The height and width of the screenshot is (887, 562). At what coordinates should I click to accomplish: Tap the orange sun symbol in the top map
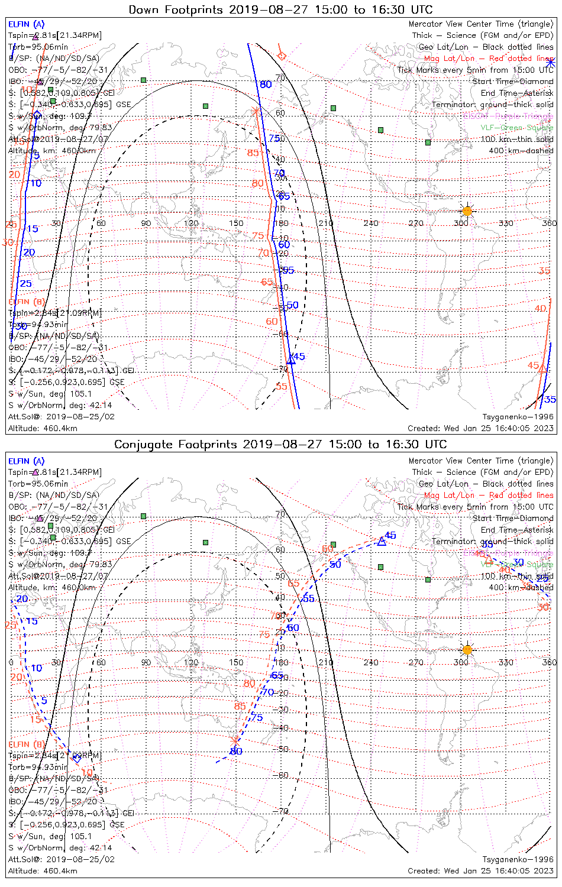click(467, 211)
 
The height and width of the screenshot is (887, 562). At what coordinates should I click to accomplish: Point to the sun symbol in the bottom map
click(467, 650)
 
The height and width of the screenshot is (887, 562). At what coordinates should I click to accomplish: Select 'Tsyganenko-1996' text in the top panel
click(518, 417)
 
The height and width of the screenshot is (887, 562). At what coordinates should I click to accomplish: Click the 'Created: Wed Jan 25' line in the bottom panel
click(480, 870)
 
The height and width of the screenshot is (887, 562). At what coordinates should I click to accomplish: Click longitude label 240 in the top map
click(371, 223)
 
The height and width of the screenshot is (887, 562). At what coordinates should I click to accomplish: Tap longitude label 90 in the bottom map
click(146, 662)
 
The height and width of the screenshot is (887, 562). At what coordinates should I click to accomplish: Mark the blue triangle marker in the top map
click(290, 359)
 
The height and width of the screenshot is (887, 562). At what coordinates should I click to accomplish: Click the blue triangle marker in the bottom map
click(382, 541)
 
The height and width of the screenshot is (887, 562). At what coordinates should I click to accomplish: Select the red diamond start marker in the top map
click(282, 56)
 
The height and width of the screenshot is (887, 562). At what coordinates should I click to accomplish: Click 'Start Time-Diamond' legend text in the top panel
click(513, 82)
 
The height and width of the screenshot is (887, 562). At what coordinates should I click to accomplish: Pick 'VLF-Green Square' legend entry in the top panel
click(517, 128)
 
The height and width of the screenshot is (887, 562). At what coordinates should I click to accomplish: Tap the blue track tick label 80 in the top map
click(266, 85)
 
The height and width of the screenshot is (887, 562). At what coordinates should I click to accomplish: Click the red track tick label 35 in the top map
click(544, 271)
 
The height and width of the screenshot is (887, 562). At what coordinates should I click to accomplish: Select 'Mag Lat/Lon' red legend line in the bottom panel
click(489, 496)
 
